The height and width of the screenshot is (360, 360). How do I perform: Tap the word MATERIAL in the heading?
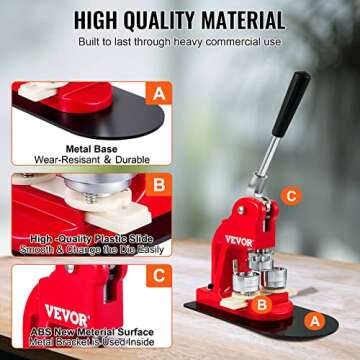point(234,19)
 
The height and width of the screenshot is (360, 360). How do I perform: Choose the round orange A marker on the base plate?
point(312,320)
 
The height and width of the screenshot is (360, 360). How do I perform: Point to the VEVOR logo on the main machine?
point(239,241)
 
